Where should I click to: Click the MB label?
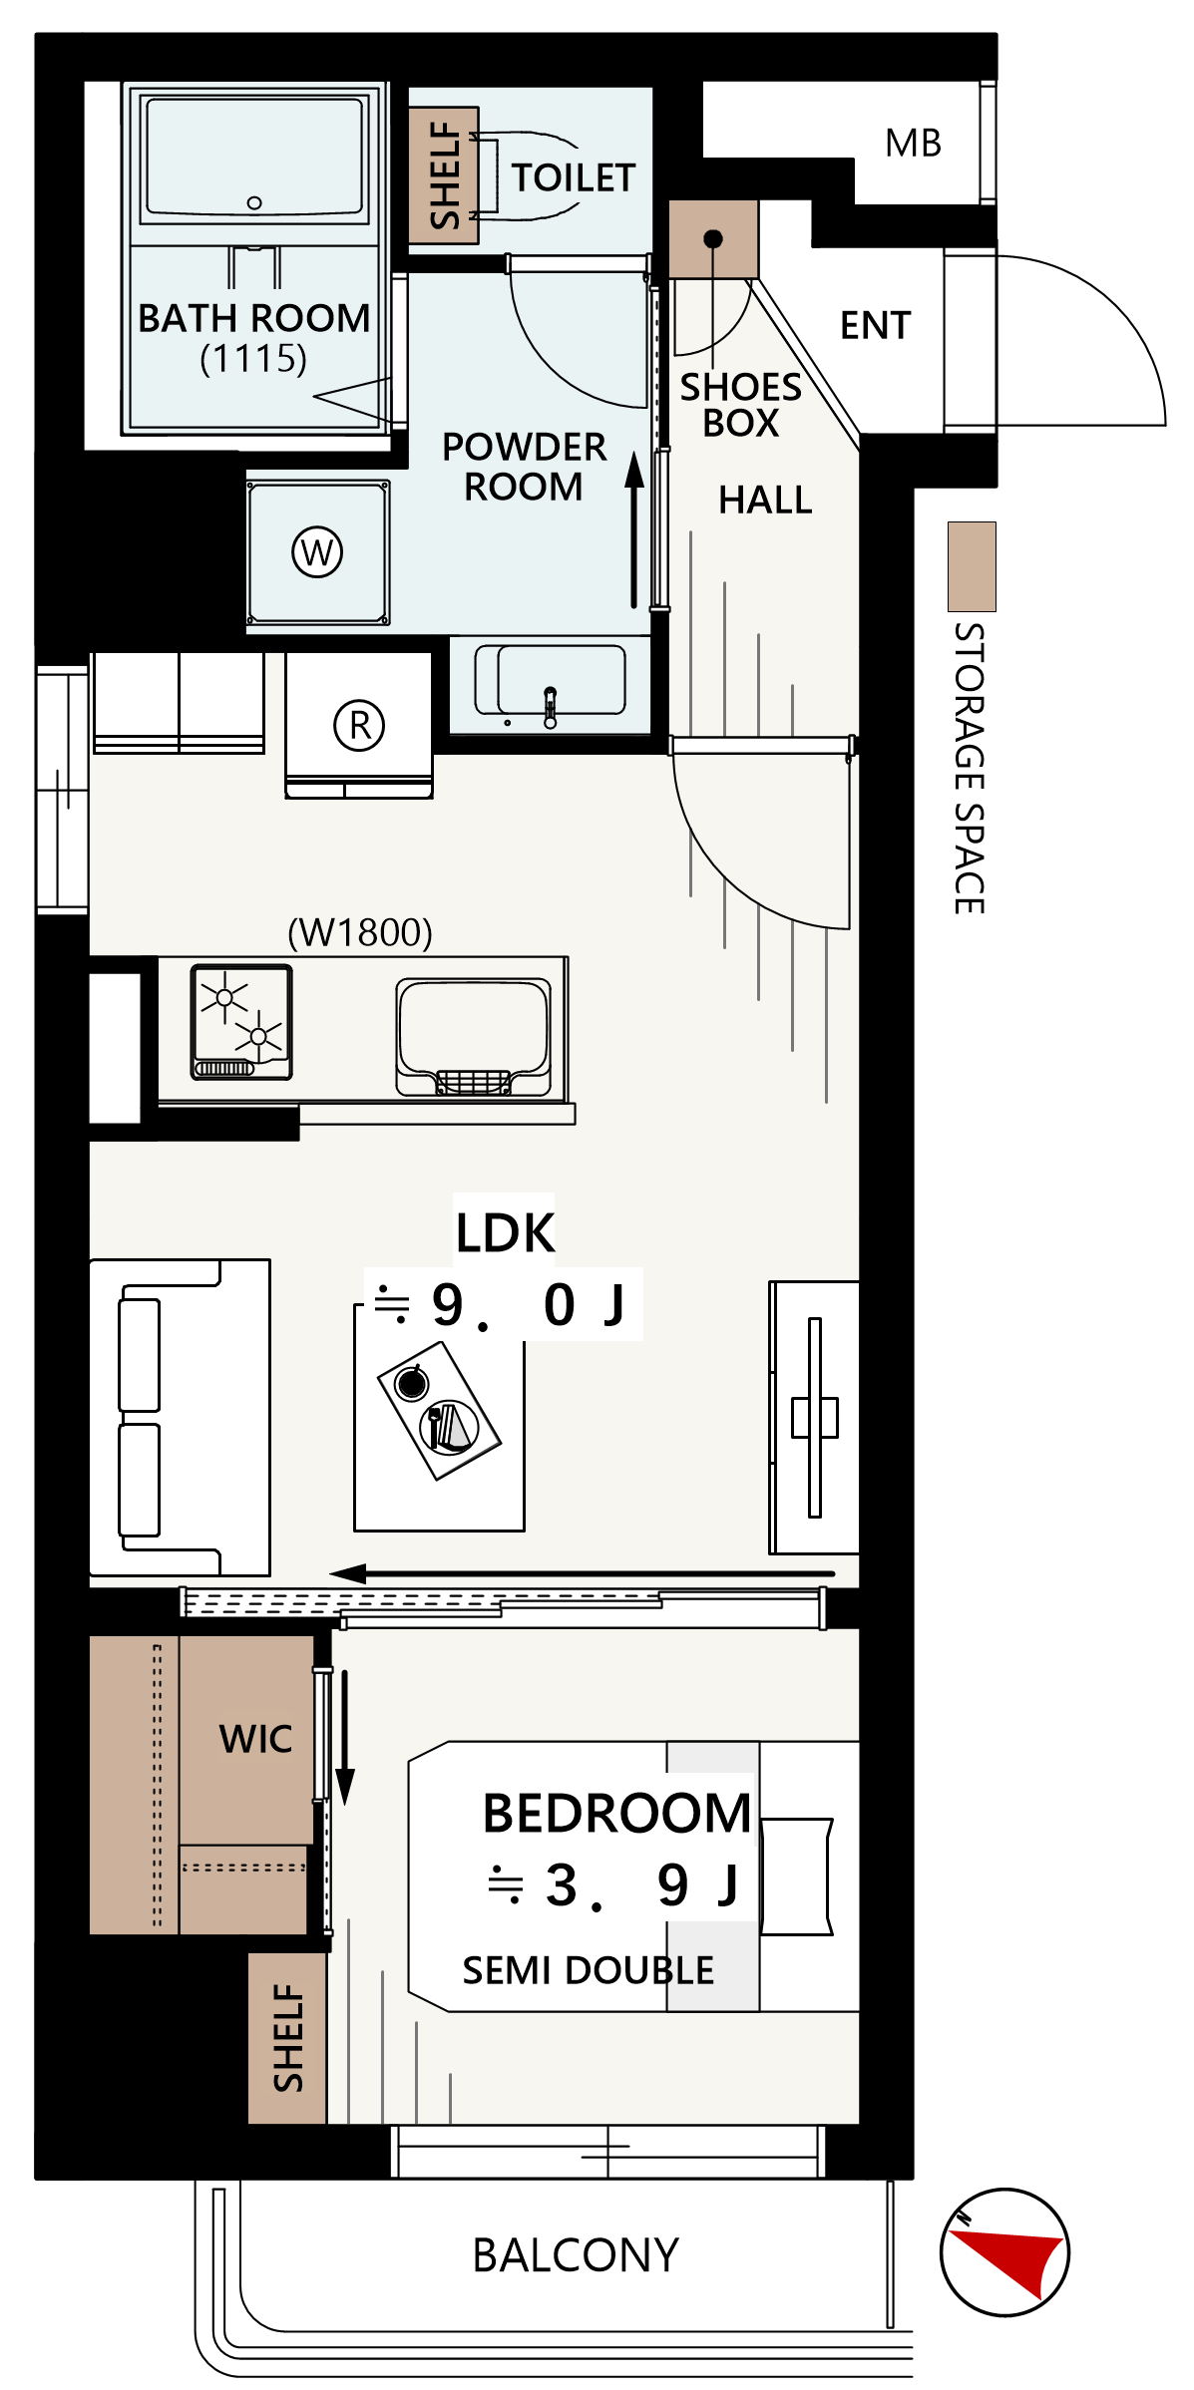tap(913, 144)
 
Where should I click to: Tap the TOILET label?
tap(574, 177)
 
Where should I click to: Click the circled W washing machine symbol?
tap(317, 551)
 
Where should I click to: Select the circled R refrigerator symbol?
tap(359, 725)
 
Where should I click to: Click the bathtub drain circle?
tap(254, 203)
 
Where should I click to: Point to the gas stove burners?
tap(241, 1022)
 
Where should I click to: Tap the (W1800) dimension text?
tap(360, 933)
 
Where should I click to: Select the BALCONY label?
tap(576, 2255)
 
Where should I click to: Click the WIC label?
tap(255, 1739)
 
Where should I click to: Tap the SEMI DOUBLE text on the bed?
tap(589, 1970)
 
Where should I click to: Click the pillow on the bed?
tap(797, 1877)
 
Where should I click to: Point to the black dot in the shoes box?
tap(713, 239)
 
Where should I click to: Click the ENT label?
tap(876, 325)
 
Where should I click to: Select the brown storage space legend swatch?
tap(972, 566)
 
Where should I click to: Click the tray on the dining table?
tap(439, 1410)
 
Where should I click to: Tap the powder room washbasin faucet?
tap(550, 707)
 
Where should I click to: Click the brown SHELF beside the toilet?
tap(444, 175)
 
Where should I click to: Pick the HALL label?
tap(765, 500)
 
